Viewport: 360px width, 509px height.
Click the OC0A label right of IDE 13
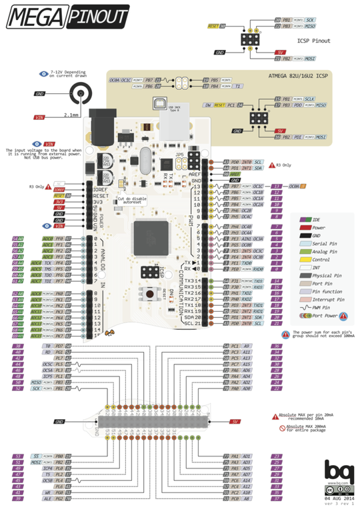point(295,187)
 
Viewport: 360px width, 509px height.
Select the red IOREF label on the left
point(59,189)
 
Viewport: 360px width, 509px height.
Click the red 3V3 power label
point(59,201)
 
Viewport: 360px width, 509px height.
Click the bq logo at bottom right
point(336,472)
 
